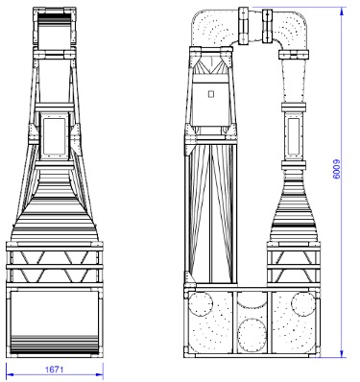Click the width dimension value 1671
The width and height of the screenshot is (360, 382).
click(55, 370)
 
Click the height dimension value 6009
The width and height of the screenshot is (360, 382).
click(337, 169)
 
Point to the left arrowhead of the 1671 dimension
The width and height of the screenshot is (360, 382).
click(10, 374)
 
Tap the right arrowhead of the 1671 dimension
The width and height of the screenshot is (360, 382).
click(100, 374)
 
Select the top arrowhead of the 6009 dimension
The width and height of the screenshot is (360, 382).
click(342, 11)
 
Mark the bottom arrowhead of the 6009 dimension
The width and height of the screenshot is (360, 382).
click(342, 353)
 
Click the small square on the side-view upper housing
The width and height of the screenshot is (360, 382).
click(210, 94)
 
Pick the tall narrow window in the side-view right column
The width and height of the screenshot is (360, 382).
click(294, 135)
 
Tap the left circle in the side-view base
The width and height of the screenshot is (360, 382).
click(201, 304)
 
